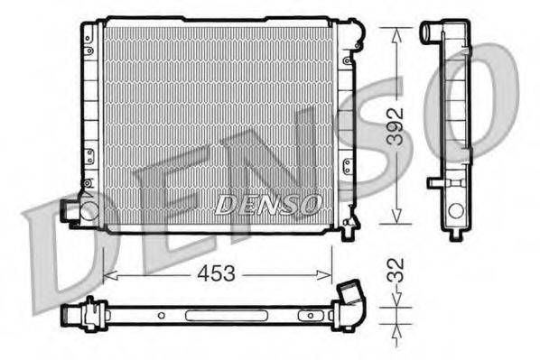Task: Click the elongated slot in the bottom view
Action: pyautogui.click(x=211, y=316)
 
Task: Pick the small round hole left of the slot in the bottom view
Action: pyautogui.click(x=161, y=316)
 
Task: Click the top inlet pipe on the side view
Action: pyautogui.click(x=430, y=32)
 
